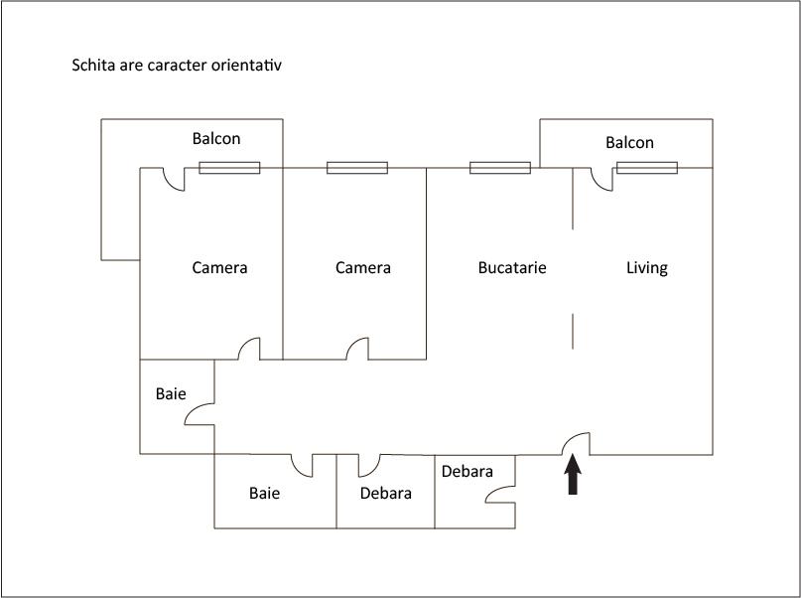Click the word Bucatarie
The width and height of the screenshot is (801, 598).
[512, 268]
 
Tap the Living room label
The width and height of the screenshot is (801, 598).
[647, 268]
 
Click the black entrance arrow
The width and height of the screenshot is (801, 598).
[573, 474]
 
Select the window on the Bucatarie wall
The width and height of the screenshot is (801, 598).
[500, 168]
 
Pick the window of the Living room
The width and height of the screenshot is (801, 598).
[647, 168]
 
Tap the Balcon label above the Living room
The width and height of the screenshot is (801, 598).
[629, 143]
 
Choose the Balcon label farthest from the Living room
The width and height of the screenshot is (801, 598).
[216, 138]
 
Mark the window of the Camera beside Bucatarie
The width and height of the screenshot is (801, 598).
[357, 168]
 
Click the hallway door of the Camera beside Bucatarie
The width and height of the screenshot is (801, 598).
[357, 349]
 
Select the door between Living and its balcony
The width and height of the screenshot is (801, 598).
[601, 180]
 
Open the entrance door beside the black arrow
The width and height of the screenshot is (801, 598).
[576, 444]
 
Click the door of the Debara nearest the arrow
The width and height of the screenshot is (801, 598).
[500, 494]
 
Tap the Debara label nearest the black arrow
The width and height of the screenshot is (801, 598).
[467, 471]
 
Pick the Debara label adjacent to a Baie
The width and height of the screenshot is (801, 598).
[386, 494]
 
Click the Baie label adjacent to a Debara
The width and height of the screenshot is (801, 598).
[264, 494]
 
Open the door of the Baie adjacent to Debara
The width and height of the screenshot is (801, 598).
[302, 466]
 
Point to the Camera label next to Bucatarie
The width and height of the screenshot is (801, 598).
[362, 268]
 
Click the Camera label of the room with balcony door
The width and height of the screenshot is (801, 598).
[219, 268]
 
